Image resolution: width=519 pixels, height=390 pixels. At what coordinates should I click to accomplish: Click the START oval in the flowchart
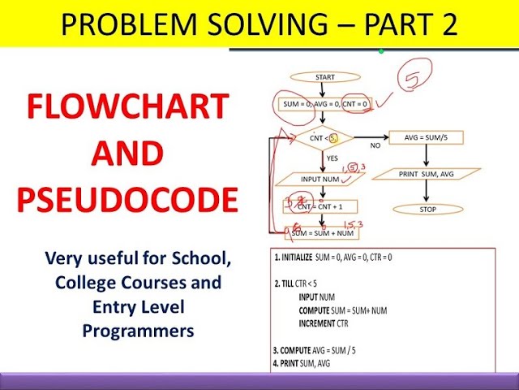point(324,78)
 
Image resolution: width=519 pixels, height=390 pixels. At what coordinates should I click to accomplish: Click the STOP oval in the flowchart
point(427,209)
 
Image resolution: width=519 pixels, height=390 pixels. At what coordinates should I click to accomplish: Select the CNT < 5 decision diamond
point(321,138)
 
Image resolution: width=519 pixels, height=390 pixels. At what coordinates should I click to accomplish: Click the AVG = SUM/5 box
point(427,138)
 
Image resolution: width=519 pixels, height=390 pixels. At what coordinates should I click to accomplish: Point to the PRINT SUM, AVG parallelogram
point(427,174)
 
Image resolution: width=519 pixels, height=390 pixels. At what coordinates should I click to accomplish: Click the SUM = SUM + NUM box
point(322,233)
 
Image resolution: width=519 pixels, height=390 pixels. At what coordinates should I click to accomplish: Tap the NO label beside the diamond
point(375,145)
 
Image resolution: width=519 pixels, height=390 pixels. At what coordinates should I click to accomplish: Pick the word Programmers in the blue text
point(137,331)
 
